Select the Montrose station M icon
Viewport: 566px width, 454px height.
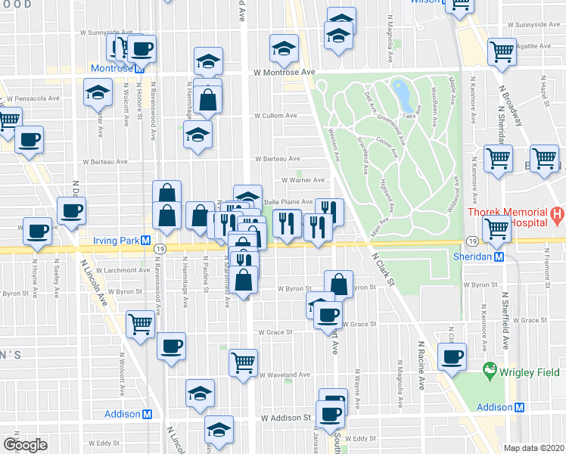pos(141,68)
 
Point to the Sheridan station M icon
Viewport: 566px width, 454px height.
pos(499,257)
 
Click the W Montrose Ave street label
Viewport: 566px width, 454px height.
pos(284,72)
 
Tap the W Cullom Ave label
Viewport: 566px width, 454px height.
pos(274,116)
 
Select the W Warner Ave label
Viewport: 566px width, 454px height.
pos(303,180)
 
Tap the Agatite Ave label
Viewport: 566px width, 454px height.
pos(534,45)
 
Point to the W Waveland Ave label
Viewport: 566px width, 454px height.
pos(285,375)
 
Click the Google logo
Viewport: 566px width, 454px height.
pos(25,445)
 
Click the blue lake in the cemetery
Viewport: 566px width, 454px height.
pos(402,95)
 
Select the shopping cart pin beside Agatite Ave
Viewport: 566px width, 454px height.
pos(501,51)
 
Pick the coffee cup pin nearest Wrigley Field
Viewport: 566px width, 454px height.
pos(452,356)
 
